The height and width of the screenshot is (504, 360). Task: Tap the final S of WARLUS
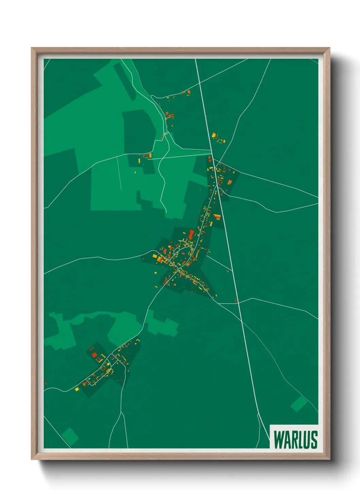[x=314, y=440]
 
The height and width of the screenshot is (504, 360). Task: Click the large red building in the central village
[x=191, y=234]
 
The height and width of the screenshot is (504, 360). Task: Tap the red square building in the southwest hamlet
[x=94, y=355]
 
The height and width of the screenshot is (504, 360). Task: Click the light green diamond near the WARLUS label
[x=299, y=404]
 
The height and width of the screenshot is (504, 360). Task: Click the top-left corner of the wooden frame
[x=32, y=48]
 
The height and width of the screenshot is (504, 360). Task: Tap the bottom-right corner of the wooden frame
[x=329, y=459]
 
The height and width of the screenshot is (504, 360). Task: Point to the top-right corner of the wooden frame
[x=329, y=48]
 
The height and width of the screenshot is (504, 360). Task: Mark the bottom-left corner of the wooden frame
[x=32, y=459]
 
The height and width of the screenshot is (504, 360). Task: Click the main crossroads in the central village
[x=177, y=269]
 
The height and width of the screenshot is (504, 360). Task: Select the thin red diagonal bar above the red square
[x=92, y=348]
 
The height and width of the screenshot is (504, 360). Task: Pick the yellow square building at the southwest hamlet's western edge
[x=77, y=389]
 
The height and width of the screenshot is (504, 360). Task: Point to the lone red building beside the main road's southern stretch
[x=235, y=301]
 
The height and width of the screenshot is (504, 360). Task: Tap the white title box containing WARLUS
[x=294, y=437]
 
